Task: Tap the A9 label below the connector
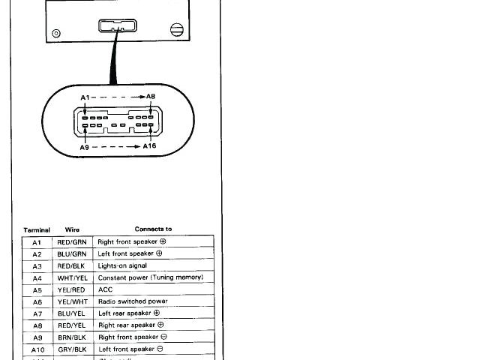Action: pyautogui.click(x=85, y=148)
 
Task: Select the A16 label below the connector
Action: pyautogui.click(x=149, y=147)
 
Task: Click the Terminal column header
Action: pyautogui.click(x=37, y=229)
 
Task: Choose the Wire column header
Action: pyautogui.click(x=72, y=229)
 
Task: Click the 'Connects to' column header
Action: pyautogui.click(x=153, y=229)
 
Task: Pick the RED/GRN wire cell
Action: pyautogui.click(x=72, y=242)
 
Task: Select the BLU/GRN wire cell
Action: pyautogui.click(x=72, y=254)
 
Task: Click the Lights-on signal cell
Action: pyautogui.click(x=122, y=265)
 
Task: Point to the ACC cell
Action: pyautogui.click(x=106, y=289)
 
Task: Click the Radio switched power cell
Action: pyautogui.click(x=133, y=301)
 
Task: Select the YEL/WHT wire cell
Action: pyautogui.click(x=72, y=301)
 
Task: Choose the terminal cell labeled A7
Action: pyautogui.click(x=37, y=313)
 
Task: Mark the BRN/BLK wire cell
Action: pyautogui.click(x=72, y=337)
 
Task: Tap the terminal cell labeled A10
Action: pyautogui.click(x=37, y=349)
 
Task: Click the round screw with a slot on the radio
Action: pyautogui.click(x=177, y=31)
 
